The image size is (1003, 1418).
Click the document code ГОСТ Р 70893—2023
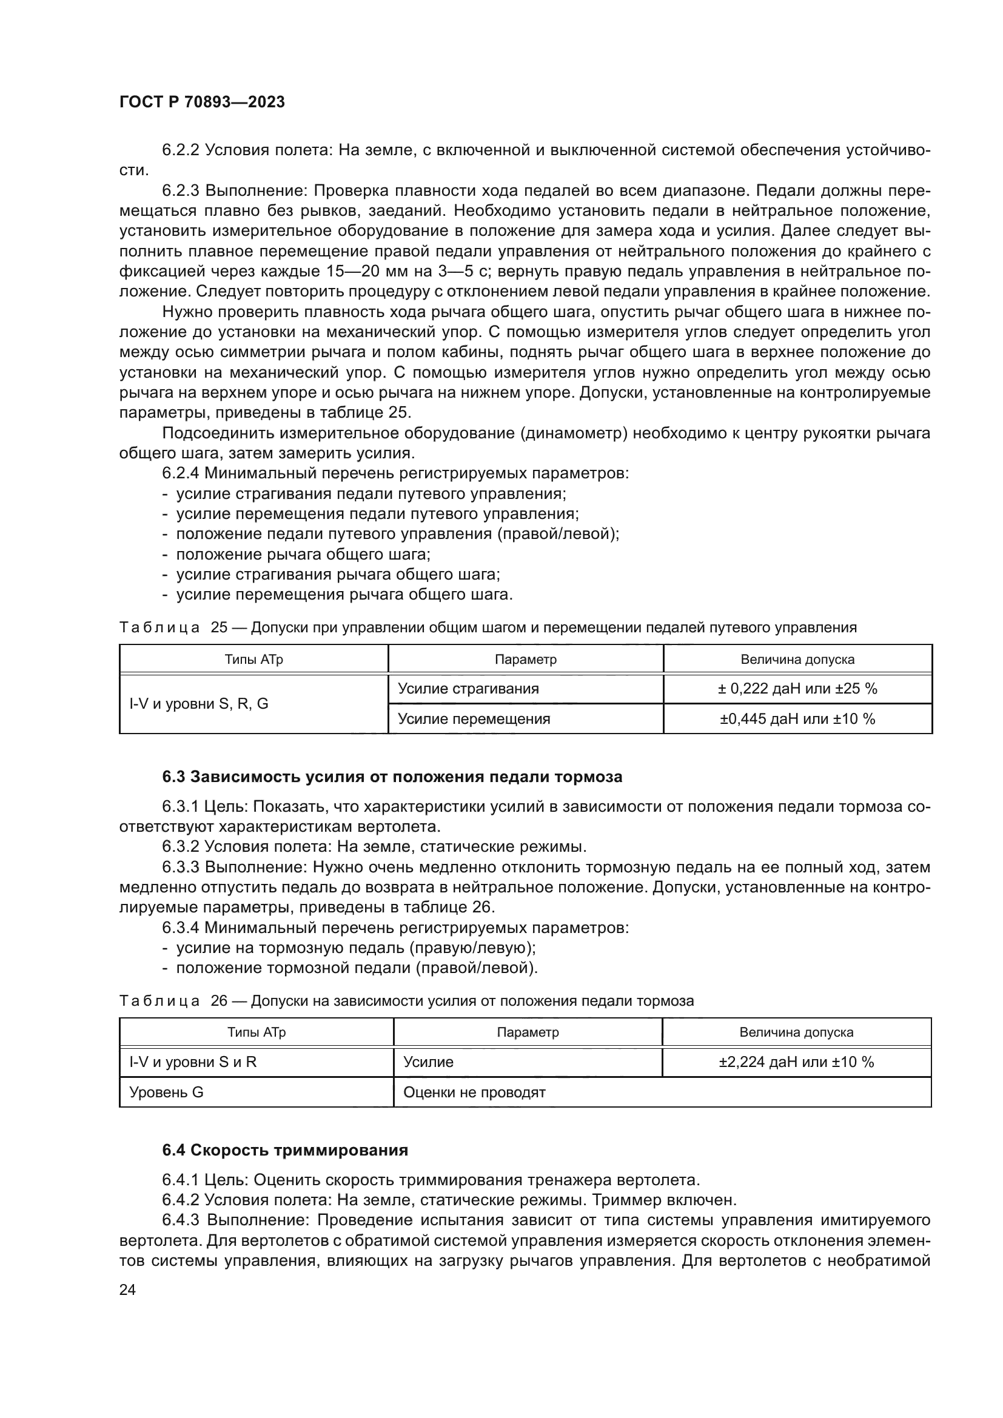(x=202, y=102)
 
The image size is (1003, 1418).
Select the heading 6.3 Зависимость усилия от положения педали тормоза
(x=392, y=777)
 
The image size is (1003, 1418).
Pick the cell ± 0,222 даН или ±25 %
(x=797, y=689)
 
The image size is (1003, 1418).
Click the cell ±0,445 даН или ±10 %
(x=797, y=719)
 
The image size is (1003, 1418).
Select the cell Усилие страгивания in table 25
(x=468, y=689)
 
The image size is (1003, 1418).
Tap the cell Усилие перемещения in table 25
(x=474, y=719)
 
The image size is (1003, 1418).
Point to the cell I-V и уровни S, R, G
(x=199, y=703)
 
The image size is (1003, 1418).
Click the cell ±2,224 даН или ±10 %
(x=796, y=1062)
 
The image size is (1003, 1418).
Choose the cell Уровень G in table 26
(x=166, y=1092)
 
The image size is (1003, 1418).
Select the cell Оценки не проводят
(x=474, y=1092)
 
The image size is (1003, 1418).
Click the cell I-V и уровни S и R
(x=193, y=1062)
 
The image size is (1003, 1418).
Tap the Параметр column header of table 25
(x=526, y=659)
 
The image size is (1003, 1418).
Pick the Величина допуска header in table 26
(x=796, y=1032)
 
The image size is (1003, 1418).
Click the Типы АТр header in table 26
(x=257, y=1032)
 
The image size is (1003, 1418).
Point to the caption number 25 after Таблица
(x=219, y=627)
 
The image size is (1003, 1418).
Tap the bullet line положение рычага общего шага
(x=303, y=554)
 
